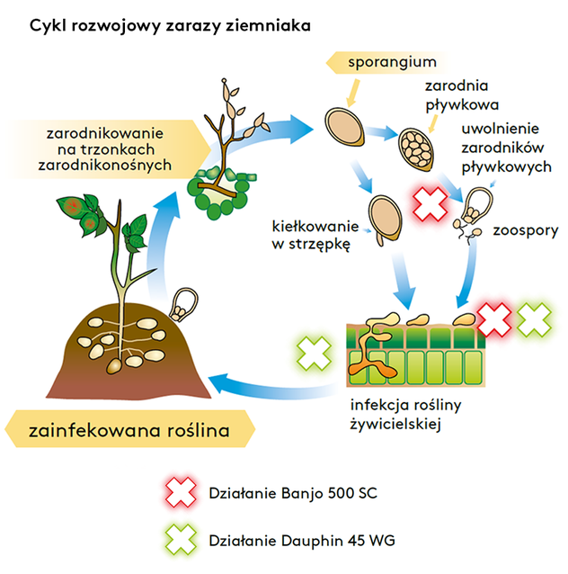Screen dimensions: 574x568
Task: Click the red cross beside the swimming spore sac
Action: [x=430, y=202]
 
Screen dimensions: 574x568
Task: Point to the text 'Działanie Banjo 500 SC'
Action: [x=288, y=492]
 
